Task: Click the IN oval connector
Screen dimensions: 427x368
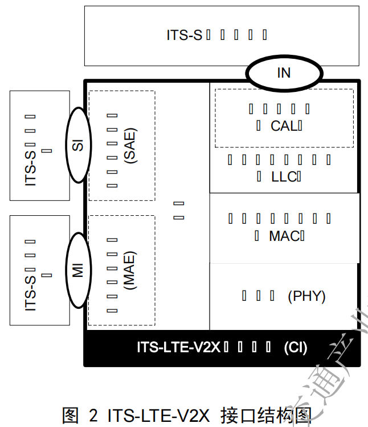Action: click(283, 73)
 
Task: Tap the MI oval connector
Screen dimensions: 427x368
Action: click(79, 270)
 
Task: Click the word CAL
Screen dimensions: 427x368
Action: click(283, 126)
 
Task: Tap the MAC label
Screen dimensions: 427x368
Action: click(284, 235)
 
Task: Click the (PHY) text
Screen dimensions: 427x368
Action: click(306, 296)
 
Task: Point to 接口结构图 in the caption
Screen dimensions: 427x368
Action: click(265, 414)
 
